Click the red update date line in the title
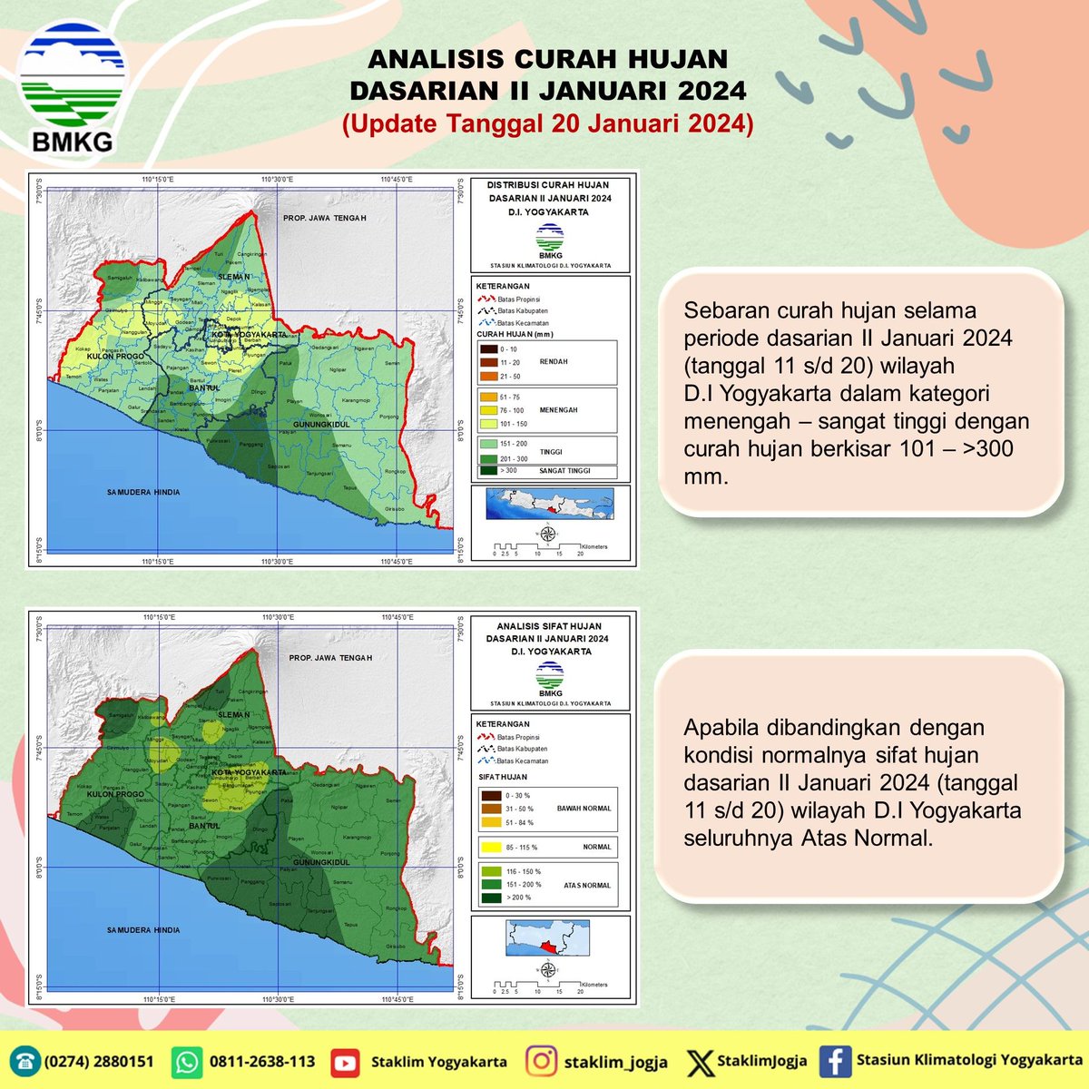tap(547, 123)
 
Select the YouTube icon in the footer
tap(344, 1061)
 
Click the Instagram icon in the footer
tap(542, 1061)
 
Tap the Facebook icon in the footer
tap(833, 1061)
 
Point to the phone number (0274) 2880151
tap(99, 1061)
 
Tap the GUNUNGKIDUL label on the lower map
tap(322, 862)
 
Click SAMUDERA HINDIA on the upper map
tap(143, 492)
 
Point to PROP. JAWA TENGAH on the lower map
tap(330, 658)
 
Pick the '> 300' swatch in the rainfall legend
tap(487, 470)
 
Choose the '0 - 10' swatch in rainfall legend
tap(487, 349)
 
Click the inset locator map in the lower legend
tap(548, 937)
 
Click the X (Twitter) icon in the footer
tap(700, 1061)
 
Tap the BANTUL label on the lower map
tap(204, 826)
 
